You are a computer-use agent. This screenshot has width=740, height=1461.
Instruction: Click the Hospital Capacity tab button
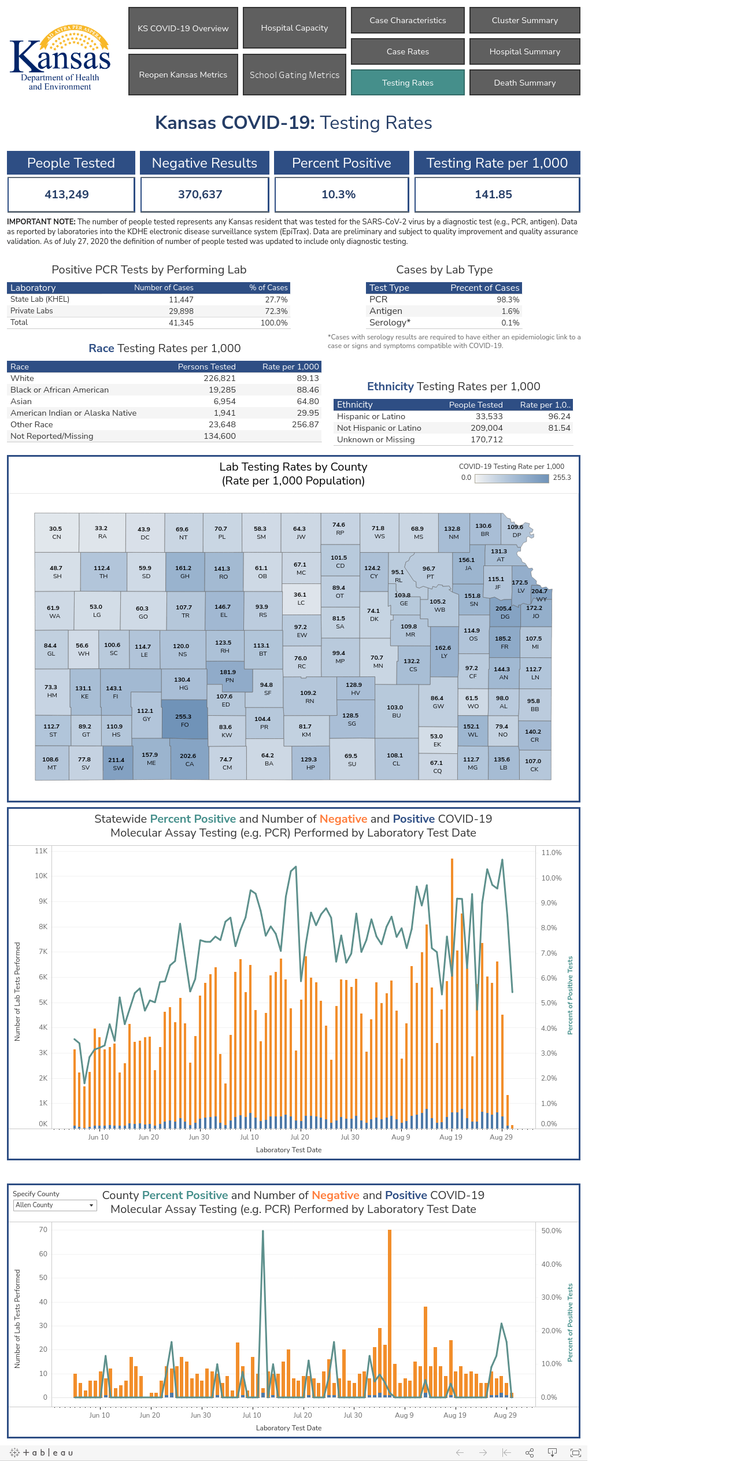click(x=294, y=28)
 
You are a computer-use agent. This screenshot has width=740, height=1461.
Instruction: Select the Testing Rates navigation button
click(x=408, y=83)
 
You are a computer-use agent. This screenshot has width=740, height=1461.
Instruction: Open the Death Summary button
click(x=525, y=83)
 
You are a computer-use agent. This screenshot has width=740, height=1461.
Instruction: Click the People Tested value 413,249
click(x=67, y=194)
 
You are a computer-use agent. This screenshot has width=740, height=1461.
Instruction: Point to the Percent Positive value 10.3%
click(x=339, y=194)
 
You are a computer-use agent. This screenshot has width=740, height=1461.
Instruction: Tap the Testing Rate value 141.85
click(x=494, y=194)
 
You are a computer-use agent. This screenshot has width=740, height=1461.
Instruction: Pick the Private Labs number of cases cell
click(x=181, y=311)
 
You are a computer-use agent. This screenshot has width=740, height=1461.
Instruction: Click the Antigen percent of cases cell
click(x=510, y=311)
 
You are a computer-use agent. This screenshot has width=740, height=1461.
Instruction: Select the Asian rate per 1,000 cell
click(x=308, y=401)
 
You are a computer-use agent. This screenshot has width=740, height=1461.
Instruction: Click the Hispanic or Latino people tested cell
click(x=489, y=416)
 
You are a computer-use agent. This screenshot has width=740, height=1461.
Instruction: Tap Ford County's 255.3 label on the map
click(x=183, y=716)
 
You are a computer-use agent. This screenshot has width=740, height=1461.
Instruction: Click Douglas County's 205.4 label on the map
click(x=504, y=608)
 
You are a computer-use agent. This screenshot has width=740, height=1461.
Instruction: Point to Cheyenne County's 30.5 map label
click(x=55, y=528)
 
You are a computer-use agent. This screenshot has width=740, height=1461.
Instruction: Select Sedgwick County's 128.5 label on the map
click(x=350, y=715)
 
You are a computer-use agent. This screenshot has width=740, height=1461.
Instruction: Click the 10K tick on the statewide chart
click(x=41, y=876)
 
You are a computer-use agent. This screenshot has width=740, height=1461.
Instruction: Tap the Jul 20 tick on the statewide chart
click(x=299, y=1137)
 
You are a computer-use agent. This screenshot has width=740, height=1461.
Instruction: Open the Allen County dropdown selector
click(x=55, y=1205)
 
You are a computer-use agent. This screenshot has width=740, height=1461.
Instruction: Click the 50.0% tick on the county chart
click(x=552, y=1230)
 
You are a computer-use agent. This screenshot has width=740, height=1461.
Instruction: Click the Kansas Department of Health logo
click(x=60, y=57)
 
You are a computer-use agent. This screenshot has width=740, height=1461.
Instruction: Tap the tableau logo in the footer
click(x=42, y=1452)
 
